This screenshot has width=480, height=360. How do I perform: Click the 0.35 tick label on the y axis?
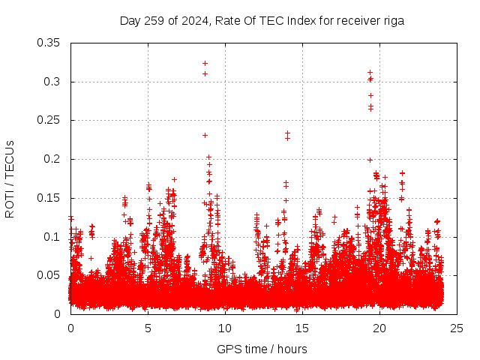[x=50, y=42]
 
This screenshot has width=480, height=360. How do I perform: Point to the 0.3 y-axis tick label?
[x=53, y=81]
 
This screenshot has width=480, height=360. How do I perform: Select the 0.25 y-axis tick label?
[x=50, y=120]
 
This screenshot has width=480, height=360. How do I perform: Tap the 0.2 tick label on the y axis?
[x=53, y=159]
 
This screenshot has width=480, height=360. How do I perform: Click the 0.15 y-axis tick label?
[x=50, y=198]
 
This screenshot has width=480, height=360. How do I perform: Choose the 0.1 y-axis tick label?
[x=53, y=237]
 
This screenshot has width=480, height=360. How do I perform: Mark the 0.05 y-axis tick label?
[x=50, y=275]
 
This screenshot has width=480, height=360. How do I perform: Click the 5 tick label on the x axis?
[x=148, y=328]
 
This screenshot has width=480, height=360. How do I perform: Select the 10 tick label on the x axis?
[x=225, y=328]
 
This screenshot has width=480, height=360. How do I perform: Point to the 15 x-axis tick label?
[x=302, y=328]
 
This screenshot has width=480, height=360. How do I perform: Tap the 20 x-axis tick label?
[x=379, y=328]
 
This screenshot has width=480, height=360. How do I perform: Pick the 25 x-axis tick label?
[x=457, y=328]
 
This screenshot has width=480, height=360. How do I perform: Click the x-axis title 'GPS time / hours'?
[x=262, y=349]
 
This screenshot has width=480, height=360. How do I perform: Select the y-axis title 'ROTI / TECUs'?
[x=10, y=178]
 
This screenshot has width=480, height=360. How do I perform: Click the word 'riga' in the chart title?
[x=394, y=21]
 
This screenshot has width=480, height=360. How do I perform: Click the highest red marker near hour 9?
[x=205, y=63]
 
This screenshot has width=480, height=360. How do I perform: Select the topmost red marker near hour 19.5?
[x=370, y=73]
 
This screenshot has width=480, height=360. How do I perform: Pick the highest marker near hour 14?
[x=287, y=133]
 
